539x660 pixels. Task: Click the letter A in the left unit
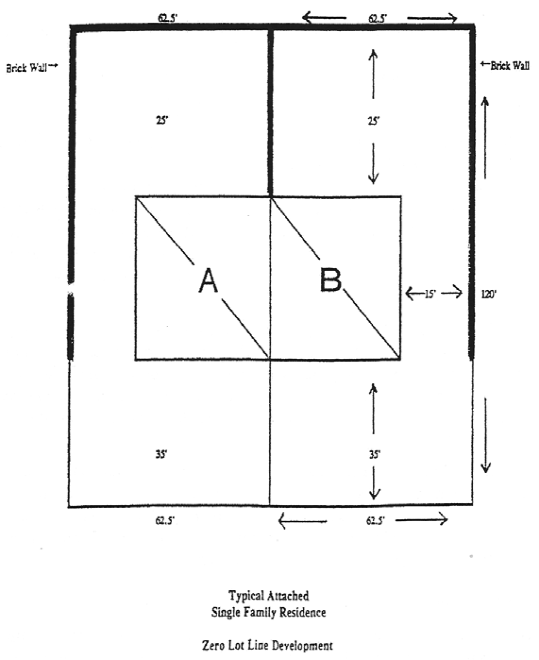tap(208, 280)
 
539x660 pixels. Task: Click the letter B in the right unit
tap(330, 280)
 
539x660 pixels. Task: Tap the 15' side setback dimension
tap(430, 294)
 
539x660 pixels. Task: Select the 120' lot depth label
tap(488, 294)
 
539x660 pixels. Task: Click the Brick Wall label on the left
tap(27, 68)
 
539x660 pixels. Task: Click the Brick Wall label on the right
tap(509, 66)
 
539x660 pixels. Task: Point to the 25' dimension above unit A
tap(162, 120)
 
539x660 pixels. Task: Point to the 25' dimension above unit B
tap(374, 121)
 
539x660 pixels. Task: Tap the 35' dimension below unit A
tap(162, 455)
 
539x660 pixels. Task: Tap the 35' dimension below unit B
tap(375, 455)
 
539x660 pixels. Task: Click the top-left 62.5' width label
tap(168, 18)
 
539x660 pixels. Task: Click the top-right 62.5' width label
tap(378, 18)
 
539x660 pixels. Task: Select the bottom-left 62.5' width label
tap(165, 521)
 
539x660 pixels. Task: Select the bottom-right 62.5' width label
tap(375, 521)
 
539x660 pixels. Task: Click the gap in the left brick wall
tap(71, 289)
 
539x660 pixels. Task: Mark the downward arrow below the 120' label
tap(486, 434)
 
